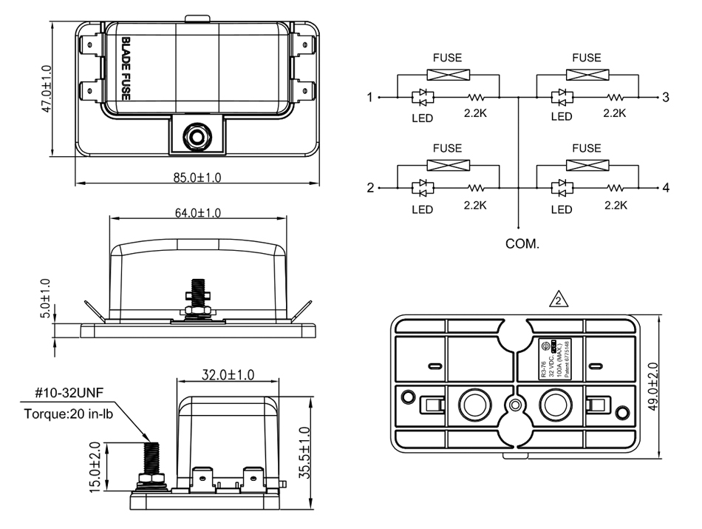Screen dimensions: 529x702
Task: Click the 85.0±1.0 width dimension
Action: (x=198, y=178)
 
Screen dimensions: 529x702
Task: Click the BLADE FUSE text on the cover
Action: (x=126, y=70)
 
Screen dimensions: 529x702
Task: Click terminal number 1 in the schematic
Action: (x=370, y=98)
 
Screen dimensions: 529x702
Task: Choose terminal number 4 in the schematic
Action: (x=666, y=188)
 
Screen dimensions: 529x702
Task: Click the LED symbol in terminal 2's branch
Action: (x=422, y=188)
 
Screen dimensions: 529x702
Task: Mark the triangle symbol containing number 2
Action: (x=560, y=300)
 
